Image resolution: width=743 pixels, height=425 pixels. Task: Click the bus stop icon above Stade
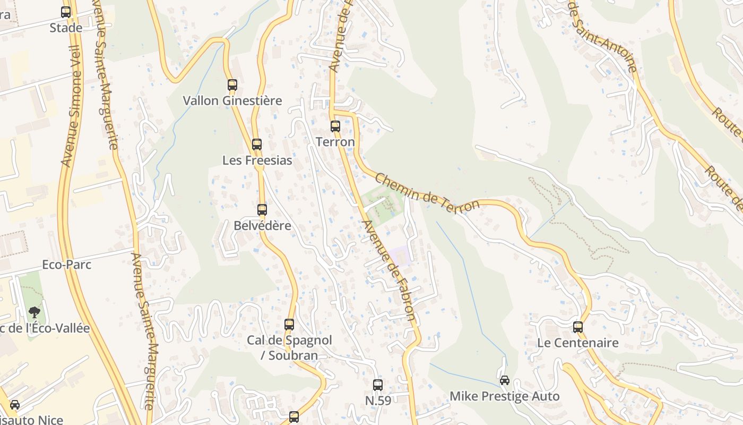pos(66,12)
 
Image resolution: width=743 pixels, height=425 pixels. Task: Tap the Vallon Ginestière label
pos(232,100)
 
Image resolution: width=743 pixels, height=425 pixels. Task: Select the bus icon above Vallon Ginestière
pos(232,84)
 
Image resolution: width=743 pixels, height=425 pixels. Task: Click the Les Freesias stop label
pos(257,160)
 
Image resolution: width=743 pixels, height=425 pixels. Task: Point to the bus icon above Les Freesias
pos(257,144)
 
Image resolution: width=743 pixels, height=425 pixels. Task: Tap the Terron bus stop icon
pos(335,126)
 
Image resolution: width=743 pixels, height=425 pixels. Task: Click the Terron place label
pos(335,142)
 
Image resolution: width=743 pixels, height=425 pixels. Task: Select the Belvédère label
pos(262,225)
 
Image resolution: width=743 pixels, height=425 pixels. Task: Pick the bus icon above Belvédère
pos(262,209)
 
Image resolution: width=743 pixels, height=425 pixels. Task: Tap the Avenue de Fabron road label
pos(389,270)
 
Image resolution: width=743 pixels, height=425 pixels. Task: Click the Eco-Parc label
pos(67,265)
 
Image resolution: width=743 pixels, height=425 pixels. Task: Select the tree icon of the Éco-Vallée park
pos(34,312)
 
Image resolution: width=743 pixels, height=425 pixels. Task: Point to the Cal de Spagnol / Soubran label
pos(289,347)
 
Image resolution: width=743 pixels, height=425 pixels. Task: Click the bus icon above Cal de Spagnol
pos(289,324)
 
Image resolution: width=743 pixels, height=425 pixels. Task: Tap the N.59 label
pos(378,401)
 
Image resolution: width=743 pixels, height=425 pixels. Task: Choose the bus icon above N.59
pos(378,385)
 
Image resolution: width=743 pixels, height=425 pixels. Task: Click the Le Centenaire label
pos(578,343)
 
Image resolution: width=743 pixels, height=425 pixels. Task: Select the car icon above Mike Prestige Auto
pos(505,380)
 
